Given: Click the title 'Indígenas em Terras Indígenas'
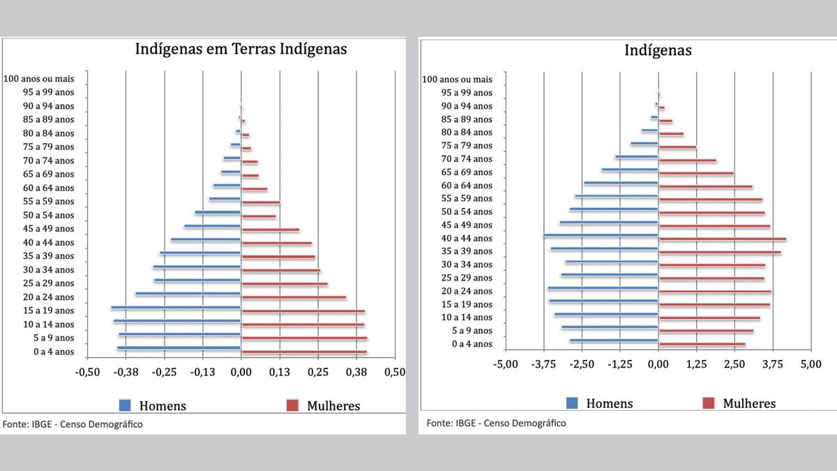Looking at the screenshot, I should tap(240, 50).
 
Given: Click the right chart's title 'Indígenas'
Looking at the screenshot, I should tap(658, 50).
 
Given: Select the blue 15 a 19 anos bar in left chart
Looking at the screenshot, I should tap(176, 307).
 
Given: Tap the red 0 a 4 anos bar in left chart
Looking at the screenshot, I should tap(304, 352).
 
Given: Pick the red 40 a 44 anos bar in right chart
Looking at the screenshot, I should tap(723, 239).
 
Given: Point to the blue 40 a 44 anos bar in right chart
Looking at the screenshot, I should tap(601, 235).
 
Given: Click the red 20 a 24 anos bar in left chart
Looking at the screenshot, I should tap(294, 297).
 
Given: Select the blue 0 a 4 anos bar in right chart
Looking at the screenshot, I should tap(614, 341).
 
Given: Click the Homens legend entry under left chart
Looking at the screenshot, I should tap(153, 405).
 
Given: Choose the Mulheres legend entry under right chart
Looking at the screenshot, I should tap(739, 403).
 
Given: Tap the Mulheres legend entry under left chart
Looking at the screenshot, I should tap(323, 405).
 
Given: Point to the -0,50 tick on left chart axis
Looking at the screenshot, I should tap(87, 372).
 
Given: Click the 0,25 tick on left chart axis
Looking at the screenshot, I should tap(317, 372).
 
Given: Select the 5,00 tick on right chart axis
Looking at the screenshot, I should tap(810, 364).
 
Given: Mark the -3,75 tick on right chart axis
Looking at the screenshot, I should tap(543, 364).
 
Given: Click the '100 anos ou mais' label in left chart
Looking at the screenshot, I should tap(38, 79).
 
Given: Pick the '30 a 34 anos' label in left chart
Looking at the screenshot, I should tap(48, 270).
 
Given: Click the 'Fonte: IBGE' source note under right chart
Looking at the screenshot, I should tap(496, 423).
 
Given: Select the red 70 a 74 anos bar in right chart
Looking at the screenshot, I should tap(688, 160).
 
